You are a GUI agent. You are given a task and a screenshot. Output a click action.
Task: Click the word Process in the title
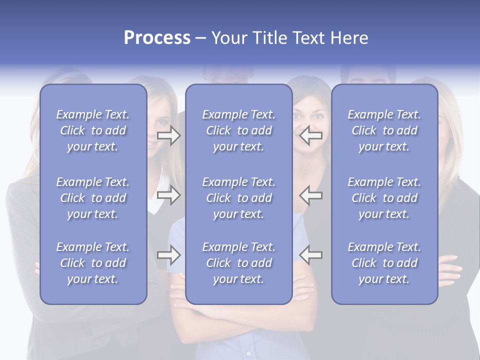[x=157, y=38]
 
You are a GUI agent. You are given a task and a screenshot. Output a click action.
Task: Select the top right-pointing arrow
[x=168, y=135]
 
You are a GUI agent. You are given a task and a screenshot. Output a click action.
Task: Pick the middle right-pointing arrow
[x=168, y=195]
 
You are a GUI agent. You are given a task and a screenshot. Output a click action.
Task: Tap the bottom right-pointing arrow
[x=168, y=255]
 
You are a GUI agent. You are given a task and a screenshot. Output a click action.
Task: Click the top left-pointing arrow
[x=311, y=135]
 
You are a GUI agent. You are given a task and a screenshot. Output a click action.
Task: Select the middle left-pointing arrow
[x=311, y=195]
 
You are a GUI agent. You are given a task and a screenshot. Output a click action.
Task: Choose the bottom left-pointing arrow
[x=311, y=255]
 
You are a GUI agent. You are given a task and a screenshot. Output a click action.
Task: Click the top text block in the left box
[x=93, y=130]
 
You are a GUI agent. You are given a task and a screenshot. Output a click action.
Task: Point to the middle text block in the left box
[x=93, y=198]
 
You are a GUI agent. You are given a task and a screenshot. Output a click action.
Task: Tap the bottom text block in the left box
[x=93, y=263]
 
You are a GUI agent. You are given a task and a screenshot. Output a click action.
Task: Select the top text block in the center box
[x=238, y=130]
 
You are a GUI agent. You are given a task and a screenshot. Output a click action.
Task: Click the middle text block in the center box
[x=238, y=198]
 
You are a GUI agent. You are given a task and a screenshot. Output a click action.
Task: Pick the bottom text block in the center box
[x=238, y=263]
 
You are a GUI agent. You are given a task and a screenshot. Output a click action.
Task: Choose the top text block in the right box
[x=384, y=130]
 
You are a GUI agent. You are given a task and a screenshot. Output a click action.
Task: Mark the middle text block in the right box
[x=384, y=198]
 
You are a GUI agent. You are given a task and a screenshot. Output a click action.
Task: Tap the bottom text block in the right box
[x=384, y=263]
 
